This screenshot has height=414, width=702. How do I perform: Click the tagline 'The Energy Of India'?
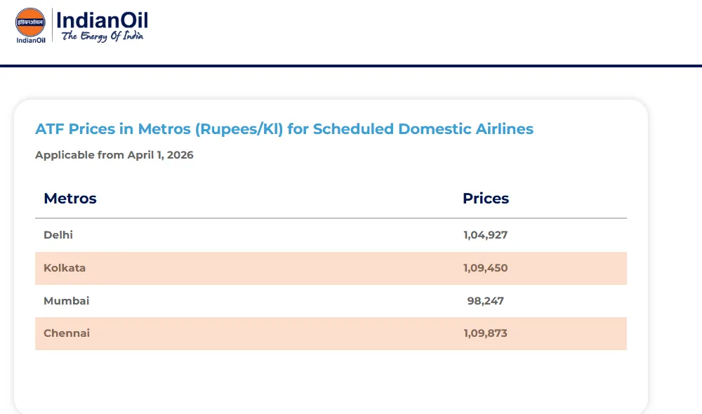pyautogui.click(x=102, y=36)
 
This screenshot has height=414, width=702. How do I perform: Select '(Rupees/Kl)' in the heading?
pyautogui.click(x=239, y=129)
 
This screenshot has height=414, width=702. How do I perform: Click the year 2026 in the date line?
pyautogui.click(x=180, y=155)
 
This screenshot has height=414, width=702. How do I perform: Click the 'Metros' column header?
pyautogui.click(x=70, y=199)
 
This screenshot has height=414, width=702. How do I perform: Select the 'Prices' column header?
pyautogui.click(x=486, y=199)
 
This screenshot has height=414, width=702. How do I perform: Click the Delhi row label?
pyautogui.click(x=58, y=235)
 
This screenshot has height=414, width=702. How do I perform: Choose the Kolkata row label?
pyautogui.click(x=65, y=268)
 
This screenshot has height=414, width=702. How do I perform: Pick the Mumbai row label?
pyautogui.click(x=67, y=301)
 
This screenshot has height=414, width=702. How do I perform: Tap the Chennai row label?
pyautogui.click(x=67, y=333)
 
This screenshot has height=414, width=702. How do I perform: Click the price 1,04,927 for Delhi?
pyautogui.click(x=485, y=235)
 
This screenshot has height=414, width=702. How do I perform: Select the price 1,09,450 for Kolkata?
pyautogui.click(x=485, y=268)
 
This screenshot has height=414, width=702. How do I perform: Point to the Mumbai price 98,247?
pyautogui.click(x=486, y=301)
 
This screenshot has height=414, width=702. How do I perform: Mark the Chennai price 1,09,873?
pyautogui.click(x=485, y=333)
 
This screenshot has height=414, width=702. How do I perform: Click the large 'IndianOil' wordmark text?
pyautogui.click(x=102, y=20)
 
